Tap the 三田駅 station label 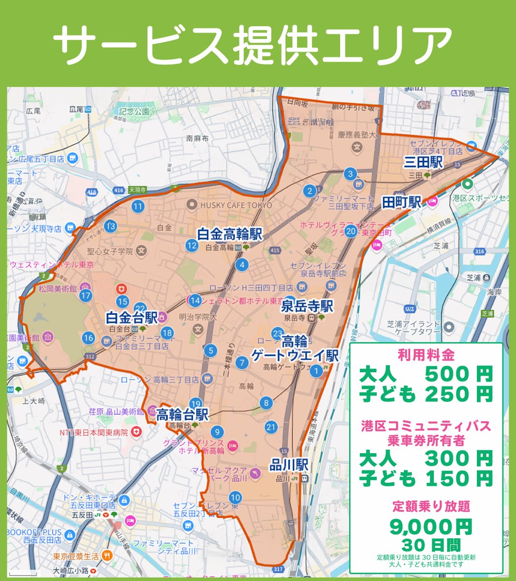click(423, 163)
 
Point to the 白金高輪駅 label click(230, 235)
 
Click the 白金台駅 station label click(132, 318)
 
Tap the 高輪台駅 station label click(182, 415)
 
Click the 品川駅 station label click(289, 465)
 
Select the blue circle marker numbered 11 click(138, 207)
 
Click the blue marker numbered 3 click(350, 174)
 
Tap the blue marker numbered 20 click(351, 231)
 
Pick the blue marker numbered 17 click(86, 295)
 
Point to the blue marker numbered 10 click(235, 497)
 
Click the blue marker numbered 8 click(265, 403)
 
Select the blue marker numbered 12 click(192, 245)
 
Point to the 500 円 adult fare click(458, 374)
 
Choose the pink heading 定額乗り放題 click(426, 507)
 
